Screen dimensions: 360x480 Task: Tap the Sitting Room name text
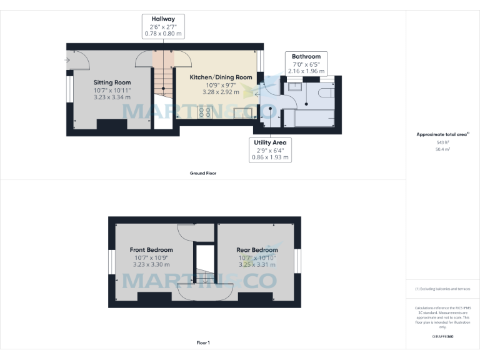point(112,82)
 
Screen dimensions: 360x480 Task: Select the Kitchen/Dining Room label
point(221,77)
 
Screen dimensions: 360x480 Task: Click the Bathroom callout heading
point(306,57)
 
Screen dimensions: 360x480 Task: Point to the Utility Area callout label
point(270,142)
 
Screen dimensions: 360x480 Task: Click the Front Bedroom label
point(151,250)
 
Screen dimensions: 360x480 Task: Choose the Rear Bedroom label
point(257,250)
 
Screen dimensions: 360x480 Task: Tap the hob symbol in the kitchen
point(204,112)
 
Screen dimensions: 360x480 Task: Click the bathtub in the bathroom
point(314,117)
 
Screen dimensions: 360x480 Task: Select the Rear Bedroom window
point(298,261)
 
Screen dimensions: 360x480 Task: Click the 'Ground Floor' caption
point(203,172)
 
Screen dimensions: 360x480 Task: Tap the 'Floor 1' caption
point(203,342)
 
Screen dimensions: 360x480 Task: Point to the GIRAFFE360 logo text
point(442,336)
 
